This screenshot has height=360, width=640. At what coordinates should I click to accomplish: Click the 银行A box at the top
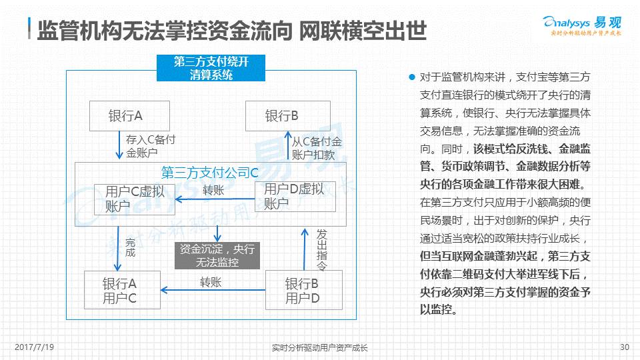[x=130, y=116]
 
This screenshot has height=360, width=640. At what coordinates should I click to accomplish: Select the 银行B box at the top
[x=287, y=116]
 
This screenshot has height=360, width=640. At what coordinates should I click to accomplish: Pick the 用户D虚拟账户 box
[x=293, y=196]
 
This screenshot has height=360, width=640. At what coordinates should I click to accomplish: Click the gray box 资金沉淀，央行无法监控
[x=217, y=255]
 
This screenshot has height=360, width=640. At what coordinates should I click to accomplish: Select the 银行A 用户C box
[x=122, y=290]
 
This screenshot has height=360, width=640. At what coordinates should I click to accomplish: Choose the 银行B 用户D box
[x=303, y=290]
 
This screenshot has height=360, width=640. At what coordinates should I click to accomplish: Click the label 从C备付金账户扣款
[x=317, y=148]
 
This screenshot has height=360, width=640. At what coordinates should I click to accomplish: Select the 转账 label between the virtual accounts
[x=213, y=190]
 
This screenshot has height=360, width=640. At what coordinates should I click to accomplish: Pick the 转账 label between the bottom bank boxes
[x=211, y=282]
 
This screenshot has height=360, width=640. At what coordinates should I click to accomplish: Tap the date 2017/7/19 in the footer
[x=34, y=347]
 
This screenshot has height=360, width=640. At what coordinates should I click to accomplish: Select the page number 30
[x=624, y=347]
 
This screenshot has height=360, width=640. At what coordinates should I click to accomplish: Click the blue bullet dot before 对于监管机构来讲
[x=412, y=77]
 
